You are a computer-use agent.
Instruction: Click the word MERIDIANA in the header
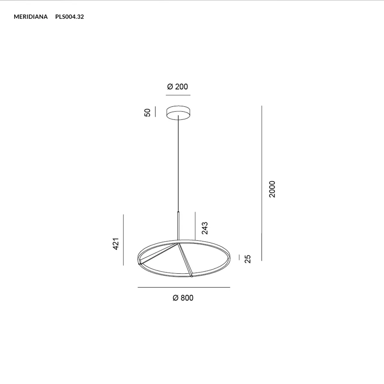point(31,17)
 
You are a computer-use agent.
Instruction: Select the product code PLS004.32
point(69,17)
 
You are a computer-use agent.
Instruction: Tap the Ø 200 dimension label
point(178,86)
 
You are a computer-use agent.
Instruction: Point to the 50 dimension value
point(148,112)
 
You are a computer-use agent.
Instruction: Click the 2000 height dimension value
point(272,189)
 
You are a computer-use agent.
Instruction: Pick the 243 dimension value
point(205,228)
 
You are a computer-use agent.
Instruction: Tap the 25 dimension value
point(248,259)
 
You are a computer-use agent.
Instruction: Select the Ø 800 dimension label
point(183,298)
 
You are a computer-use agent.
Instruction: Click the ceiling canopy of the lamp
point(178,113)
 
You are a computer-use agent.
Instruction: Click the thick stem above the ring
point(178,226)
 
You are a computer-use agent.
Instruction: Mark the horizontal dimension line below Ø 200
point(178,95)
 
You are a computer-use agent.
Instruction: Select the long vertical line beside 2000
point(261,182)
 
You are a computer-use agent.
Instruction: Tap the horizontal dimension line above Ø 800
point(184,287)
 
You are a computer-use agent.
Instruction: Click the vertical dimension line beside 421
point(123,240)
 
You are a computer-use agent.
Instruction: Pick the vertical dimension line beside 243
point(195,225)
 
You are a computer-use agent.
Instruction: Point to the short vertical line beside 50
point(155,112)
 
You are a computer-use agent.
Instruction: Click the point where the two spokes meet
point(178,244)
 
